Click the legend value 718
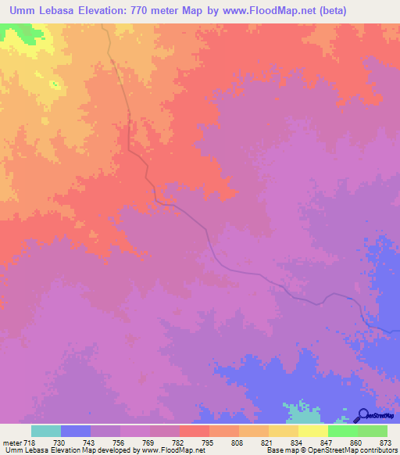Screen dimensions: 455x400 pos(30,442)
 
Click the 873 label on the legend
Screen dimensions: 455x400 pos(385,442)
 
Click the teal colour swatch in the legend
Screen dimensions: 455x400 pos(45,431)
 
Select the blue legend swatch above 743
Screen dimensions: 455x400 pos(75,431)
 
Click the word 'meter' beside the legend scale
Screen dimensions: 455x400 pos(11,442)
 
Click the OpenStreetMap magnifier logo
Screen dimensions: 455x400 pos(363,415)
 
